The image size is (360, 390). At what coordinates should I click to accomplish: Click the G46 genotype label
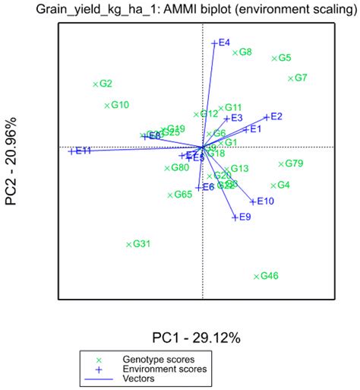pyautogui.click(x=270, y=277)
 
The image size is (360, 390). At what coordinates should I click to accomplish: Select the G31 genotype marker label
pyautogui.click(x=142, y=244)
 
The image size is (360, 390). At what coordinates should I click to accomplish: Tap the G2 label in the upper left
pyautogui.click(x=106, y=84)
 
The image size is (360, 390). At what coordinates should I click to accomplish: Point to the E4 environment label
pyautogui.click(x=224, y=43)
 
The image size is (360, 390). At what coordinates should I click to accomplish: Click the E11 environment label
pyautogui.click(x=83, y=151)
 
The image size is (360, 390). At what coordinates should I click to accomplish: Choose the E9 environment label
pyautogui.click(x=245, y=217)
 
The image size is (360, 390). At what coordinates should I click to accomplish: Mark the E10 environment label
pyautogui.click(x=265, y=201)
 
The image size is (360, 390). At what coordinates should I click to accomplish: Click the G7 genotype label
pyautogui.click(x=300, y=78)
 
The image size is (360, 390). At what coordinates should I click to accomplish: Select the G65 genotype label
pyautogui.click(x=183, y=195)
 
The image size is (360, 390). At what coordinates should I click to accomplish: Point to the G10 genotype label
pyautogui.click(x=120, y=106)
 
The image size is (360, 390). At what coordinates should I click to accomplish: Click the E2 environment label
pyautogui.click(x=276, y=116)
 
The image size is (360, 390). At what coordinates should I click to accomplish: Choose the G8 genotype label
pyautogui.click(x=245, y=52)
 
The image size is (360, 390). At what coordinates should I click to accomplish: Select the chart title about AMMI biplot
pyautogui.click(x=180, y=9)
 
